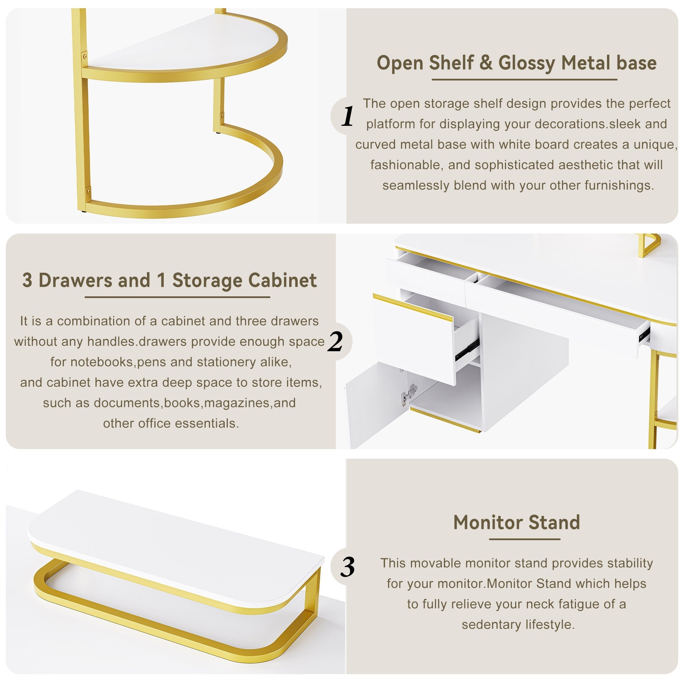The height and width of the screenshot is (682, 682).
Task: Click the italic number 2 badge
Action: tap(335, 341)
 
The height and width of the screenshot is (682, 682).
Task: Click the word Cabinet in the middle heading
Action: tap(282, 280)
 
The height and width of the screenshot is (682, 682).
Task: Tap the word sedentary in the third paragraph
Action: tap(491, 624)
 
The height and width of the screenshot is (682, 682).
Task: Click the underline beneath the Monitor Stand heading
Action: tap(524, 539)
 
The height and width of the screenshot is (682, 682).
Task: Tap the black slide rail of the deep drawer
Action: tap(467, 350)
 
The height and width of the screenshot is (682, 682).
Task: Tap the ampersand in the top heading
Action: tap(486, 63)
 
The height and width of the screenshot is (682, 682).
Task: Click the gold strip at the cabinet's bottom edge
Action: tap(445, 420)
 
